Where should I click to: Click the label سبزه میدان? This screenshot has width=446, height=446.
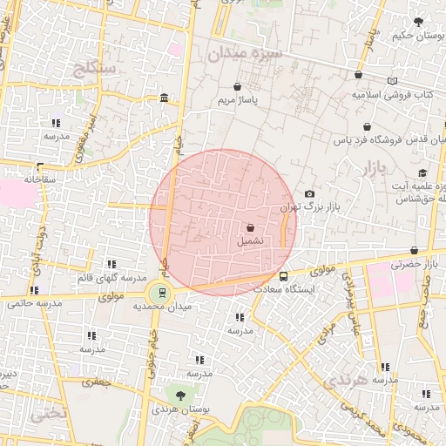point(245,54)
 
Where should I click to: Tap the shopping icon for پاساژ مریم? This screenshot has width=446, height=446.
point(238,87)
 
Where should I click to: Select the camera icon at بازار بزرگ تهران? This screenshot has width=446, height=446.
point(309,193)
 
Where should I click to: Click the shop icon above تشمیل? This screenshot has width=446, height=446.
point(251,226)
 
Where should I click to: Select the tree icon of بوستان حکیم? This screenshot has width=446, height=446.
point(419,22)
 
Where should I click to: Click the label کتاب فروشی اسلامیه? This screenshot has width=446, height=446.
point(392,93)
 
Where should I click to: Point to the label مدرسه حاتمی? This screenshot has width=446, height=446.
point(35,303)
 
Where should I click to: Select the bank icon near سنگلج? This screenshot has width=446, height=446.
point(164,105)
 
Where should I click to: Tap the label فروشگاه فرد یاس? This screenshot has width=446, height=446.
point(389,139)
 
